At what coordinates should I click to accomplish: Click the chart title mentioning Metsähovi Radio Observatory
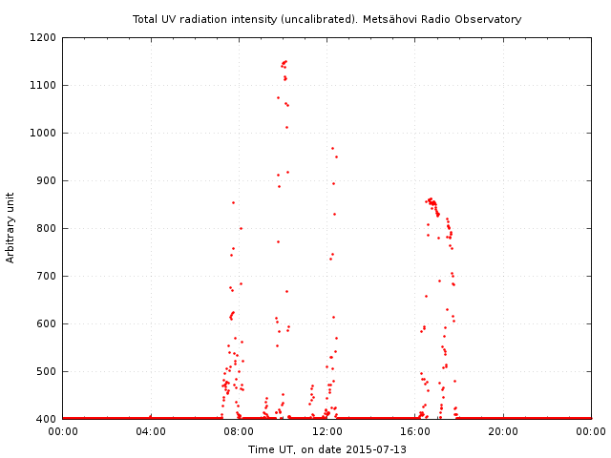pos(327,19)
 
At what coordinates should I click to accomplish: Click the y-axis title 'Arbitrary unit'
pos(11,227)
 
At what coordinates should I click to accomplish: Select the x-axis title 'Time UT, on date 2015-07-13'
pos(327,449)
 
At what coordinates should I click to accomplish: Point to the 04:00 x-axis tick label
pos(151,432)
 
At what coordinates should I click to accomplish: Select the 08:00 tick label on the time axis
pos(239,432)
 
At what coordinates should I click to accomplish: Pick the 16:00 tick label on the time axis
pos(415,432)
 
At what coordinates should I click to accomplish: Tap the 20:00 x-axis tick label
pos(503,432)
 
